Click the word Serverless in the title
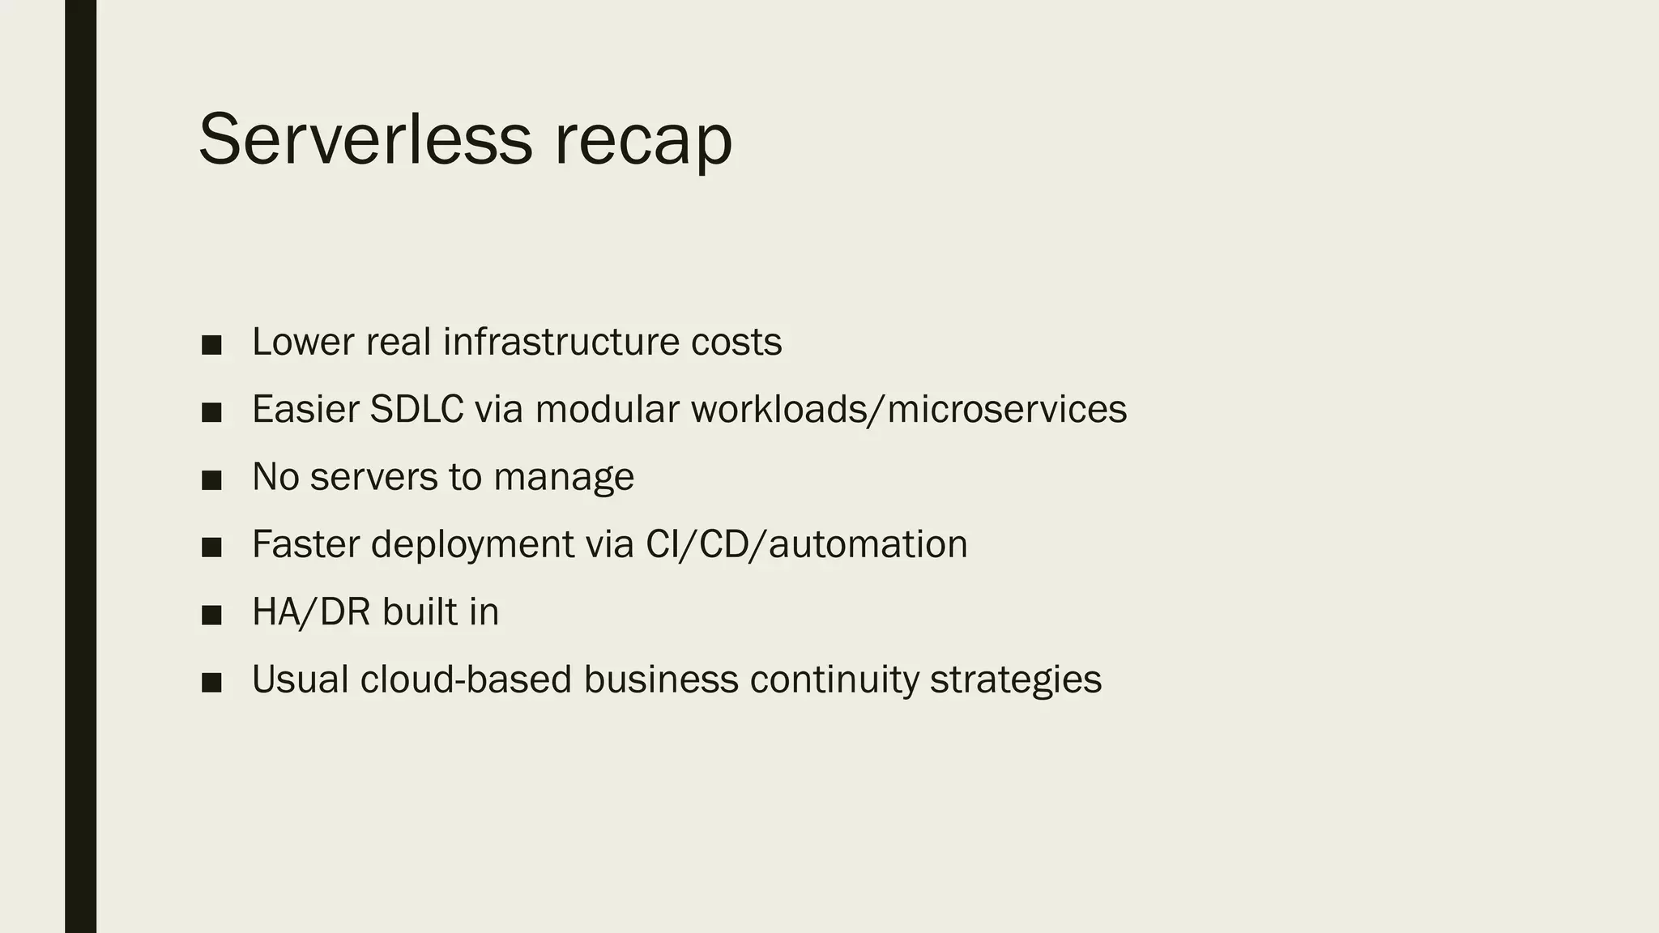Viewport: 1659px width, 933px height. coord(365,139)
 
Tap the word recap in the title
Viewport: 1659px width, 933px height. coord(643,143)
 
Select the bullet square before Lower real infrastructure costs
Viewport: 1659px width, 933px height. coord(211,345)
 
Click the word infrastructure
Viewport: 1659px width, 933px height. coord(561,342)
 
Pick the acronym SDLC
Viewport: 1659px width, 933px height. coord(416,409)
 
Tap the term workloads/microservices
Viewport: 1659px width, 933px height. coord(908,409)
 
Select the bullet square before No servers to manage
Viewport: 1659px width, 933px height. coord(211,480)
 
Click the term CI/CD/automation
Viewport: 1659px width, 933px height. coord(806,544)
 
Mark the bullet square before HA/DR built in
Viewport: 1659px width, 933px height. coord(211,616)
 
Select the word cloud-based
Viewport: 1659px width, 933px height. coord(466,680)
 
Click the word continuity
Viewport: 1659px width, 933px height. coord(834,680)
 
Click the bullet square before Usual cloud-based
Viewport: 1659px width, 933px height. coord(211,683)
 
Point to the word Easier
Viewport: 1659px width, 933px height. coord(305,409)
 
